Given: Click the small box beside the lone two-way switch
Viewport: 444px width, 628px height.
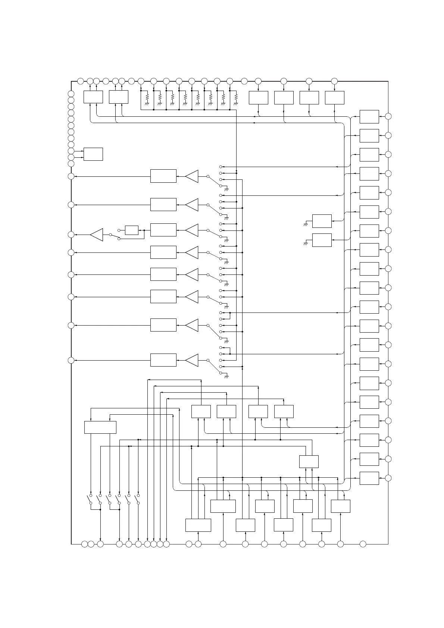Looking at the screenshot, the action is click(131, 230).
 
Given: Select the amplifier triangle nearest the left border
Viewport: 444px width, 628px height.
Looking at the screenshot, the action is click(97, 235).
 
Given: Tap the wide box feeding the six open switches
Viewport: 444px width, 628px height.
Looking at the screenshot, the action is click(100, 427).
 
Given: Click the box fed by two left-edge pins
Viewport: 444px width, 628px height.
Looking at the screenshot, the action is click(93, 154).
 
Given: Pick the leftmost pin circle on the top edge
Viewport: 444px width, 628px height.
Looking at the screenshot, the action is click(80, 81).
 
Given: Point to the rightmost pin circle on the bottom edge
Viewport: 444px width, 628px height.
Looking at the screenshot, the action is click(363, 544).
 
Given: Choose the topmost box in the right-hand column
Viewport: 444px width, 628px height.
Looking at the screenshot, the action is click(369, 116).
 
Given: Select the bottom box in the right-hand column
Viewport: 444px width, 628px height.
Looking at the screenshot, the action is click(369, 478).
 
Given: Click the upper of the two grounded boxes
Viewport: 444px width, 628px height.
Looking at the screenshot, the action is click(322, 221).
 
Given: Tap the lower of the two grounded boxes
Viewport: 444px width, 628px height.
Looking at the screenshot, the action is click(322, 240).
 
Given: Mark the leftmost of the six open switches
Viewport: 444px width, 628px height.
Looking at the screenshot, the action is click(90, 499).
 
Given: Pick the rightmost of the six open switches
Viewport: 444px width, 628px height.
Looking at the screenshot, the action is click(138, 499).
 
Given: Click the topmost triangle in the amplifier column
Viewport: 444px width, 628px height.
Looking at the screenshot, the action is click(192, 176).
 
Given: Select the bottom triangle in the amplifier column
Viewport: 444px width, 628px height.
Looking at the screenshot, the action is click(192, 360).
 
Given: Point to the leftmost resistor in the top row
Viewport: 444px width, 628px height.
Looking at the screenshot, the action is click(147, 97).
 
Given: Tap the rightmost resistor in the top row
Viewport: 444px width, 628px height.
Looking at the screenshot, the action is click(236, 97).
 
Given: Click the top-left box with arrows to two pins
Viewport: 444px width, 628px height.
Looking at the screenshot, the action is click(93, 97).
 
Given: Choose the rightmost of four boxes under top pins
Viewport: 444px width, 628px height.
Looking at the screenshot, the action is click(334, 97).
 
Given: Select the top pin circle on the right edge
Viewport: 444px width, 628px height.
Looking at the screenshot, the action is click(388, 116).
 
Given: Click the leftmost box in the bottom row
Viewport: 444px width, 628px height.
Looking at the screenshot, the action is click(198, 525).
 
